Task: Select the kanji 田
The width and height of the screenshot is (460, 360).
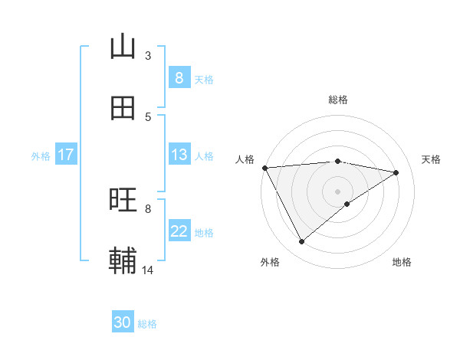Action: pos(123,108)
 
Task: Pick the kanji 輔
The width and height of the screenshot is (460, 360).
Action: pos(123,261)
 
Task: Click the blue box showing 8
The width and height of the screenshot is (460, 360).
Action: pos(179,78)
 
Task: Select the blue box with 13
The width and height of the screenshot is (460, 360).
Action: pos(179,155)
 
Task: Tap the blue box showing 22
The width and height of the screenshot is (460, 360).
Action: pos(179,231)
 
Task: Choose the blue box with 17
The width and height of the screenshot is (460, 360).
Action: pos(65,155)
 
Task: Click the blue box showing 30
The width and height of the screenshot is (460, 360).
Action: pos(123,323)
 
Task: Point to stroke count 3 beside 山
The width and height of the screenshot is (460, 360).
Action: pos(148,55)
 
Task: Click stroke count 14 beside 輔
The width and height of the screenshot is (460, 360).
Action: pos(148,270)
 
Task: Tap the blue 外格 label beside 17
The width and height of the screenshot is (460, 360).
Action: pos(41,155)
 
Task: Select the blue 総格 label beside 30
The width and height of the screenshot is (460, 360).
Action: pos(147,324)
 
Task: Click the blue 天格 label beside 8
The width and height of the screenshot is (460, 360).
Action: pos(204,79)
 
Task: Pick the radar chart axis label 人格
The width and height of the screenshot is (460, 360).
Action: pos(245,159)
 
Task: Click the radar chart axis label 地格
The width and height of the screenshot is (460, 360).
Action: pos(402,262)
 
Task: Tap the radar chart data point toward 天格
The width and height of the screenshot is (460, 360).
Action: pos(396,173)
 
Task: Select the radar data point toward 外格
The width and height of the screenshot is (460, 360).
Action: pos(301,242)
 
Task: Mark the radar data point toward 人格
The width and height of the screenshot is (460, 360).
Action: pos(264,168)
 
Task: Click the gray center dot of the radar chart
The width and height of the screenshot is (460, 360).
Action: pos(337,191)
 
